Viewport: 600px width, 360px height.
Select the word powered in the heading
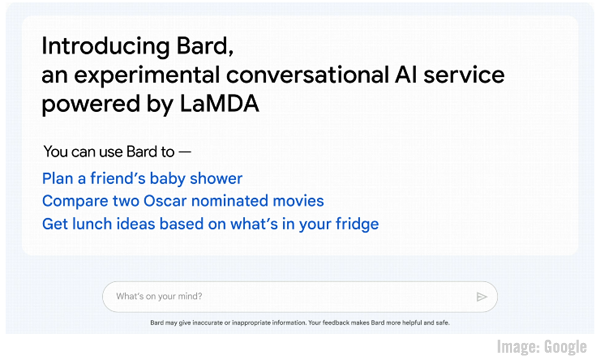click(83, 104)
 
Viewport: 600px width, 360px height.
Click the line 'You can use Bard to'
click(116, 152)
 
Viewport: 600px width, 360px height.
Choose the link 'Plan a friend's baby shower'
click(142, 178)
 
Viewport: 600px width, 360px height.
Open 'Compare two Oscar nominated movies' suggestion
click(183, 201)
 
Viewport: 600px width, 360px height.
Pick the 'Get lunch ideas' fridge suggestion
click(210, 224)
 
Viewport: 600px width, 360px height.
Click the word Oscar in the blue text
click(190, 201)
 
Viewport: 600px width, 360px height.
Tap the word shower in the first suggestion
click(214, 178)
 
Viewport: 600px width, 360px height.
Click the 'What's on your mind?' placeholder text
click(159, 297)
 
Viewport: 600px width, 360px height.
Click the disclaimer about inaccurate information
click(300, 323)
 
